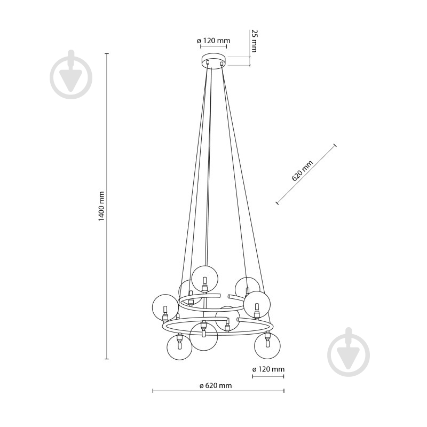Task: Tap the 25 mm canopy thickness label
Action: click(x=254, y=41)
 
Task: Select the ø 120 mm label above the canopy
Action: click(x=213, y=41)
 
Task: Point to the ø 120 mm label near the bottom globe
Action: click(x=268, y=369)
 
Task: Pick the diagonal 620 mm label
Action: click(x=302, y=171)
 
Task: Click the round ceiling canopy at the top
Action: click(x=213, y=61)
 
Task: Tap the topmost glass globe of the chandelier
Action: click(x=204, y=279)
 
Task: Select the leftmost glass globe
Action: click(x=165, y=307)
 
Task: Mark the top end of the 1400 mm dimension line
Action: click(x=107, y=54)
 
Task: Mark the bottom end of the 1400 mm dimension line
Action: click(x=107, y=359)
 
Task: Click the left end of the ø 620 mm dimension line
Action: click(x=153, y=391)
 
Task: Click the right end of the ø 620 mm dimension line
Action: click(x=284, y=391)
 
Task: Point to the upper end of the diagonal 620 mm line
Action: click(x=335, y=145)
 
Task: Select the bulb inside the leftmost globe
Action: click(x=165, y=310)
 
